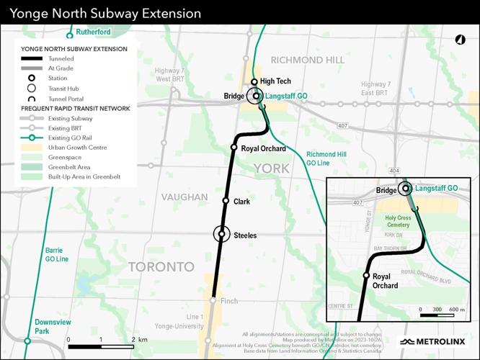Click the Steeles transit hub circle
[222, 234]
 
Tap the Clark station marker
[226, 201]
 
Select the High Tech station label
[275, 82]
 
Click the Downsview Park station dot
[27, 340]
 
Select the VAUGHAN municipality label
[185, 197]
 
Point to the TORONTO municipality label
[161, 267]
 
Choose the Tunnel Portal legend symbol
[32, 99]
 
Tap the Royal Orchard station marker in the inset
[367, 276]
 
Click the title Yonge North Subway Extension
[105, 14]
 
